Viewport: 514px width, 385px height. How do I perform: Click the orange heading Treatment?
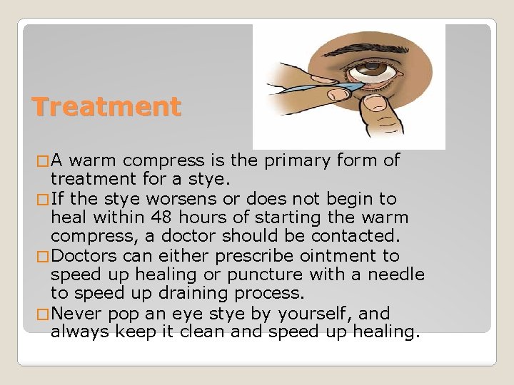106,108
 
